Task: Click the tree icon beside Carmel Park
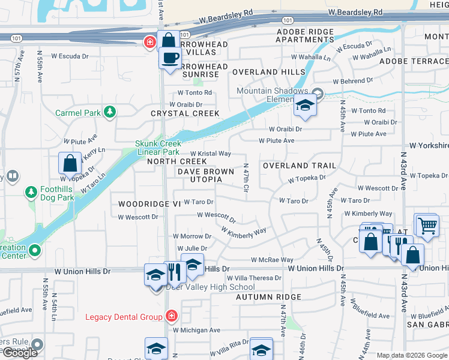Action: (110, 112)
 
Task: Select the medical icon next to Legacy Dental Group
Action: (172, 316)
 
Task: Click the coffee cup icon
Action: (171, 58)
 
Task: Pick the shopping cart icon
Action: (427, 226)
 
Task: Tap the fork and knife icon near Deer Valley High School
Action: (173, 272)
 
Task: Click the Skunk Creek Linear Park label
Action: (158, 148)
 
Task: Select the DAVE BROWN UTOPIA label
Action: (205, 175)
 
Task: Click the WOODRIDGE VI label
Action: (149, 204)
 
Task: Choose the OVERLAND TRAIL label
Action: (299, 165)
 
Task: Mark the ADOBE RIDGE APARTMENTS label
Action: (304, 35)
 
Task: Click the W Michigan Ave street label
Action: (196, 330)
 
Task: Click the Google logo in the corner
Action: (20, 353)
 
